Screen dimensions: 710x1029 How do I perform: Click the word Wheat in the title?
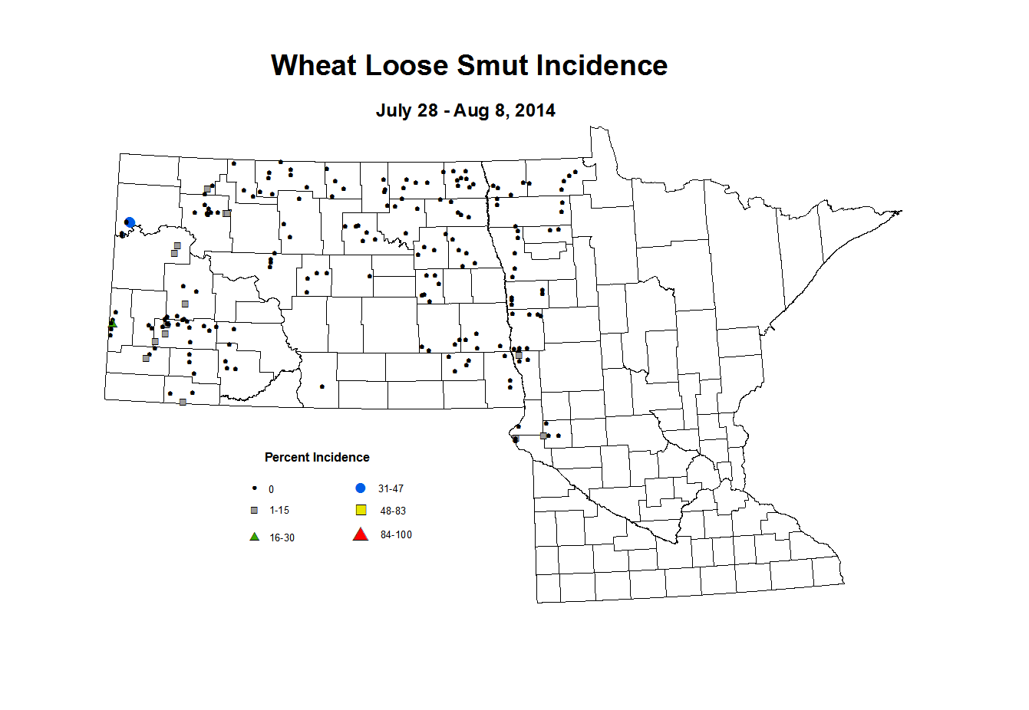(x=314, y=66)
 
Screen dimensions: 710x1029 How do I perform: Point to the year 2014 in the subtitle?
(x=535, y=110)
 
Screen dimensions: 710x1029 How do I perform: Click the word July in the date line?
(x=393, y=110)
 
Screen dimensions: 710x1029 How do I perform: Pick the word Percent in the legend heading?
(x=288, y=458)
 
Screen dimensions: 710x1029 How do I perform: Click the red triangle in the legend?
(x=360, y=534)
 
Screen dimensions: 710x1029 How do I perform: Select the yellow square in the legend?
(x=361, y=510)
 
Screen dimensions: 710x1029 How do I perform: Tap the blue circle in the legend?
(x=361, y=488)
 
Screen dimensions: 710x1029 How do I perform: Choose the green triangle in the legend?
(x=254, y=537)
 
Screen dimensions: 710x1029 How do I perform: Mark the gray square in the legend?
(x=254, y=511)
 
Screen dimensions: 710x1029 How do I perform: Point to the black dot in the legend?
(x=254, y=488)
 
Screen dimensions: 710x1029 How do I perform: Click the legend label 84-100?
(x=396, y=535)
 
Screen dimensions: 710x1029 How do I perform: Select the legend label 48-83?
(x=393, y=511)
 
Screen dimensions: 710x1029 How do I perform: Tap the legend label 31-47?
(x=391, y=489)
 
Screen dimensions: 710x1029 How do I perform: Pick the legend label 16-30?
(x=282, y=538)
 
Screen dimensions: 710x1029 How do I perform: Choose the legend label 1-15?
(x=279, y=511)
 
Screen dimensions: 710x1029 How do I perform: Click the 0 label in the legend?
(x=271, y=490)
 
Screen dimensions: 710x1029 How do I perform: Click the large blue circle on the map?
(x=130, y=222)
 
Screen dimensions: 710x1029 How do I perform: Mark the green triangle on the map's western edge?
(x=113, y=323)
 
